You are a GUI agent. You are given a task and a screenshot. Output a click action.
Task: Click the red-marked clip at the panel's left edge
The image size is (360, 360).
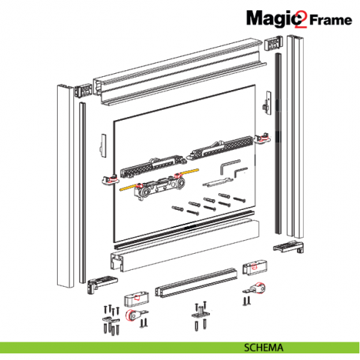pyautogui.click(x=110, y=179)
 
